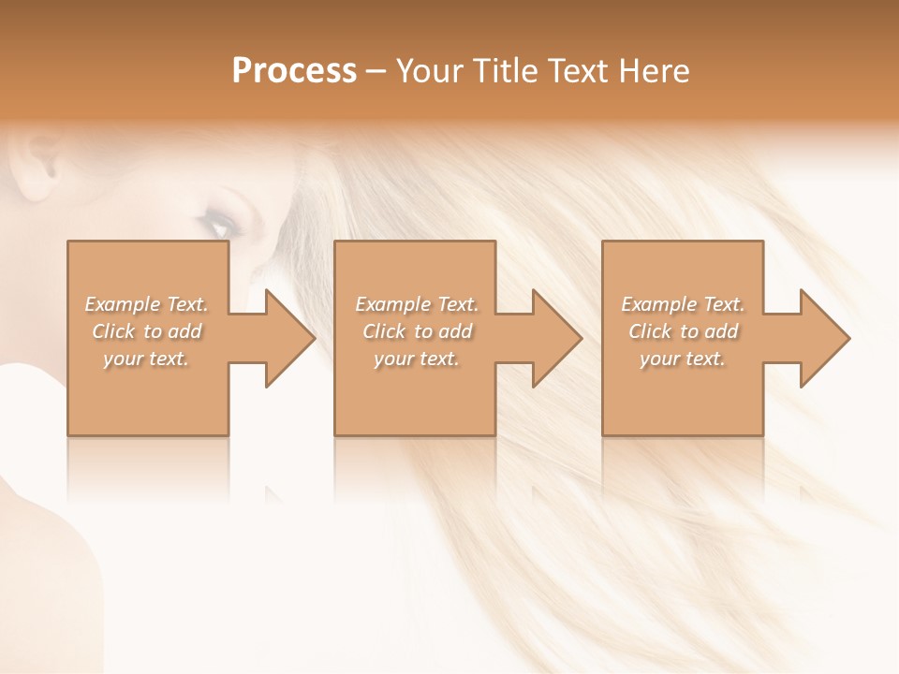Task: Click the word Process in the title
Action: tap(294, 71)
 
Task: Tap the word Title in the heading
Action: tap(502, 71)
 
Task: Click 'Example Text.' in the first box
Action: tap(146, 304)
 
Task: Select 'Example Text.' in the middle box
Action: tap(417, 304)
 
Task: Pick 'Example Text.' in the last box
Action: tap(683, 304)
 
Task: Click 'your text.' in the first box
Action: tap(146, 359)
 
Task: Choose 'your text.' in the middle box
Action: tap(417, 359)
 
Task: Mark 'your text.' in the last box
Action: tap(683, 359)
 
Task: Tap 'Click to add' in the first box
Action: tap(146, 331)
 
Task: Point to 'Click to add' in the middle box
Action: tap(417, 331)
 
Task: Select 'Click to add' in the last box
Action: tap(683, 331)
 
